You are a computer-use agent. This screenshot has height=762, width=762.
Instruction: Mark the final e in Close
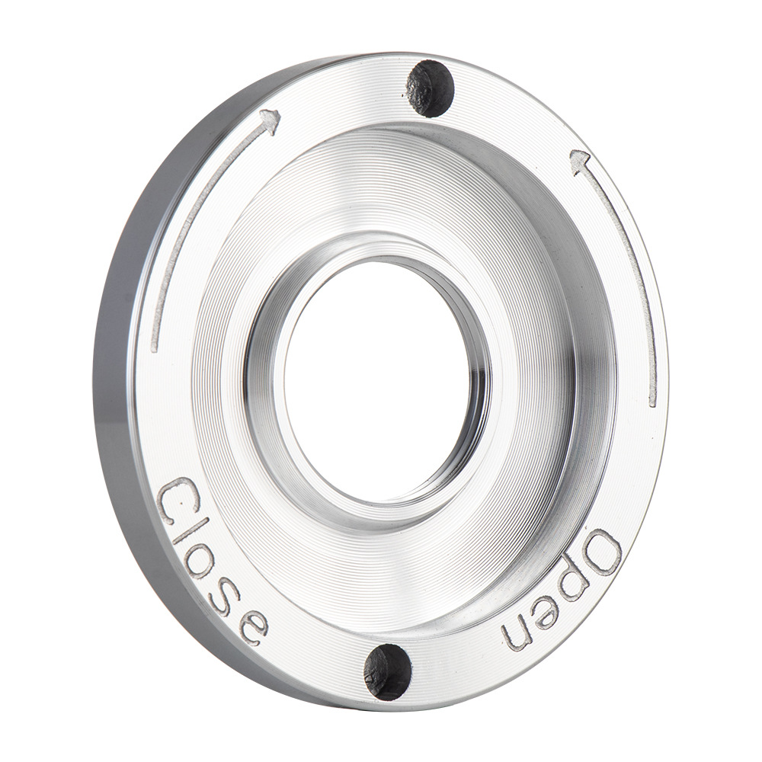[251, 625]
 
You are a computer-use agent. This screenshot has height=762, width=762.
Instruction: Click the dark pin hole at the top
[431, 88]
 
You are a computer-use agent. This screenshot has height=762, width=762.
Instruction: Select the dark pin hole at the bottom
[387, 671]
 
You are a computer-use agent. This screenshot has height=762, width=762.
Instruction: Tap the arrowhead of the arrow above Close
[270, 120]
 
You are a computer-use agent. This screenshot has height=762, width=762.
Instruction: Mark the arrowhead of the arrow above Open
[581, 160]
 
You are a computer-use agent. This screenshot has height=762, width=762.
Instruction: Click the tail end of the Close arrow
[154, 347]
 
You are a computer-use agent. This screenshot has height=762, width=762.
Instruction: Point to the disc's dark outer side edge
[114, 381]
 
